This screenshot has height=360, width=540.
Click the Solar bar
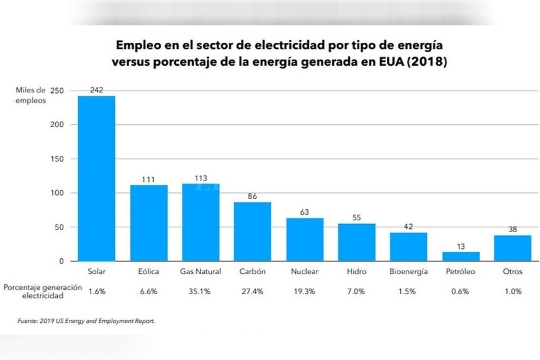click(x=96, y=179)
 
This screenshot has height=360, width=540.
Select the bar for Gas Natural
click(x=200, y=222)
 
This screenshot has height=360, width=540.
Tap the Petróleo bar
click(x=461, y=256)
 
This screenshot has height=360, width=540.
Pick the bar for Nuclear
click(x=305, y=240)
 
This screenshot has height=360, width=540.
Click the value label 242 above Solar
click(x=96, y=90)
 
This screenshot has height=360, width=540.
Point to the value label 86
click(x=253, y=196)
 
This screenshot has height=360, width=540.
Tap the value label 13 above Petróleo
click(x=461, y=246)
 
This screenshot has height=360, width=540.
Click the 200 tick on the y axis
click(x=57, y=125)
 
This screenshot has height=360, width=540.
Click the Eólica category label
click(x=148, y=272)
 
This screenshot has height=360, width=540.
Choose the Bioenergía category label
click(x=408, y=272)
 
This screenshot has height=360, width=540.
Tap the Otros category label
click(x=513, y=272)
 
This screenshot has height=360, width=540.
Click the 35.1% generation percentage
click(x=200, y=290)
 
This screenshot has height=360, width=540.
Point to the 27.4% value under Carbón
click(x=253, y=290)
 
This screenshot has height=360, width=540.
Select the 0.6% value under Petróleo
click(x=461, y=290)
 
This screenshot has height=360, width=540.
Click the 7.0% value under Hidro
click(x=356, y=290)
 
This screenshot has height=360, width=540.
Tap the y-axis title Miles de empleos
click(x=30, y=94)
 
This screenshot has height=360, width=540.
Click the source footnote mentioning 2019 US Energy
click(x=85, y=321)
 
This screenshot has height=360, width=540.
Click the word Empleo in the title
click(x=137, y=46)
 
